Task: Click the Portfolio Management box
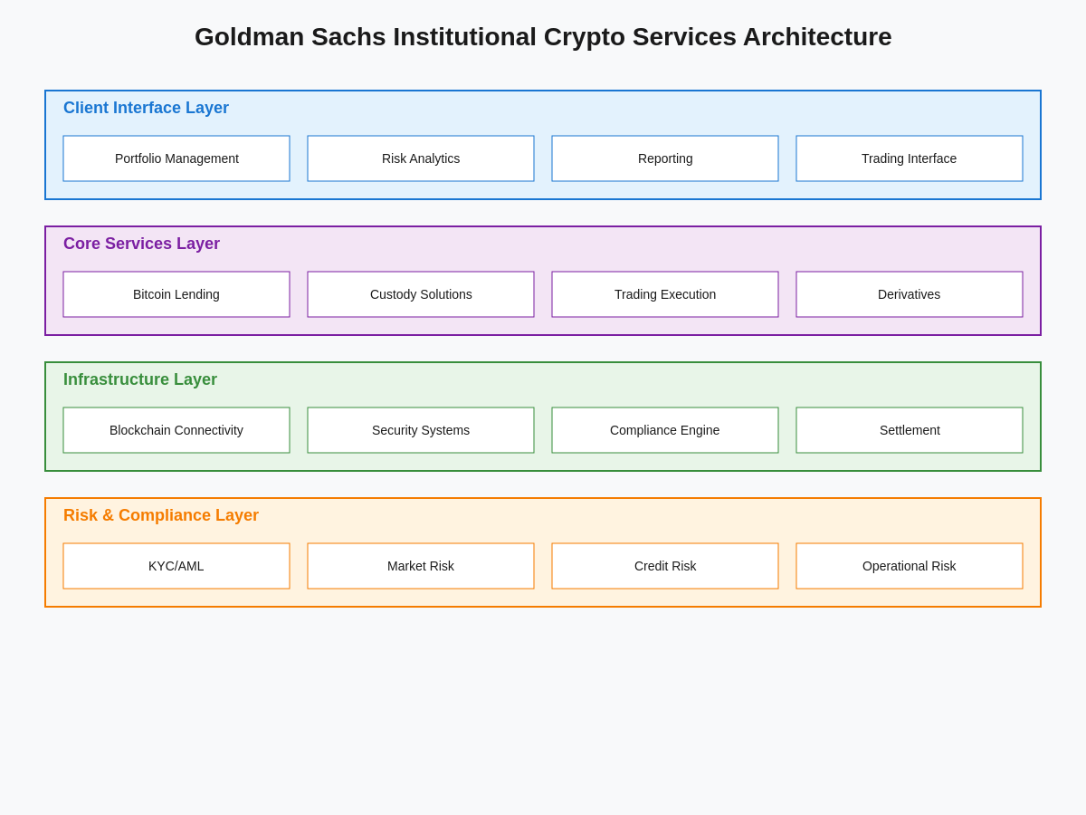point(176,158)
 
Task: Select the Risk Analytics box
point(421,158)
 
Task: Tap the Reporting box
point(665,158)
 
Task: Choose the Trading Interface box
point(910,158)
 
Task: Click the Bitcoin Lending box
point(176,294)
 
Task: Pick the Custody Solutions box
point(421,294)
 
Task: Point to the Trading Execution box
point(665,294)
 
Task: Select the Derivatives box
point(910,294)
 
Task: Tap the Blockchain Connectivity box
point(176,430)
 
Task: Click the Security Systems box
point(421,430)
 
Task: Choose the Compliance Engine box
point(665,430)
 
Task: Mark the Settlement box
point(910,430)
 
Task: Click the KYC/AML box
point(176,566)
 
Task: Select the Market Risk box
point(421,566)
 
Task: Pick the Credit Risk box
point(665,566)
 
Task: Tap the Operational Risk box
point(910,566)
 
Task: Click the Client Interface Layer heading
point(146,108)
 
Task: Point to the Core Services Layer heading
point(141,244)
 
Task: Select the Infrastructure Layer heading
point(140,379)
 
